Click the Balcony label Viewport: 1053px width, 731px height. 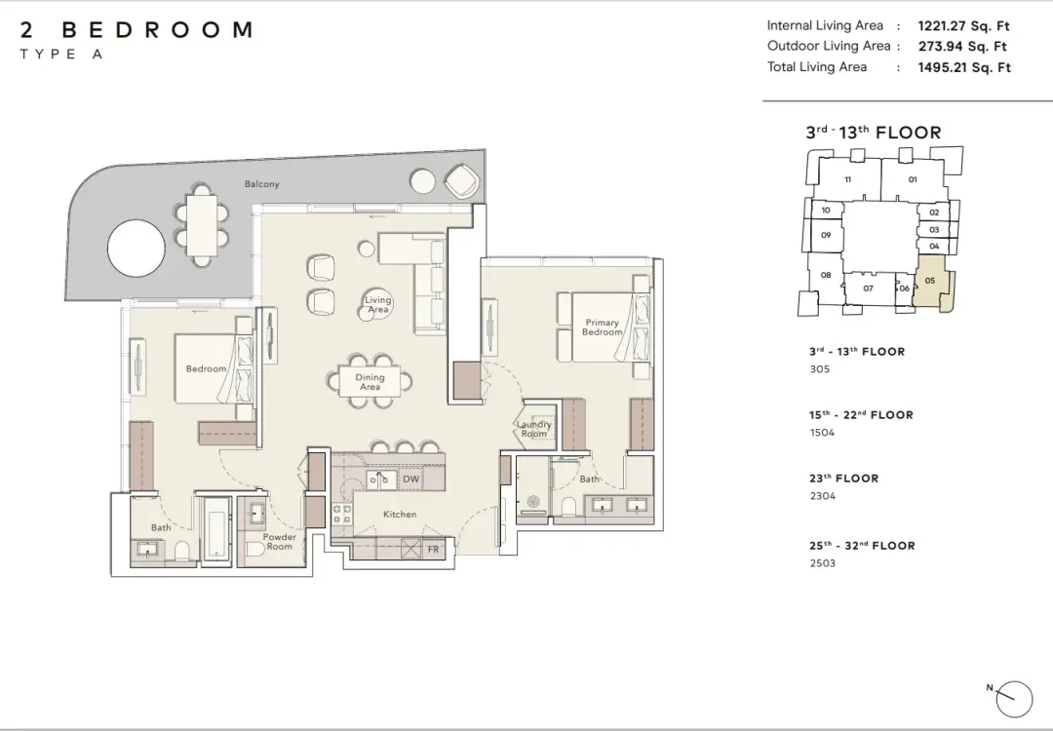[261, 184]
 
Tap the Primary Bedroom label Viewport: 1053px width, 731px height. [602, 327]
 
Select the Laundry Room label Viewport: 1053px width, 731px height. [534, 429]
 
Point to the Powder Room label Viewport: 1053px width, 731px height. [280, 541]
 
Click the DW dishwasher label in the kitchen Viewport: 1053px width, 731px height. [411, 480]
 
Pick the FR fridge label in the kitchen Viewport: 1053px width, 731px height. [433, 549]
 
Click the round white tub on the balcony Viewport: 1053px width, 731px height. [136, 248]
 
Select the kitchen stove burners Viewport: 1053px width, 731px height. [342, 515]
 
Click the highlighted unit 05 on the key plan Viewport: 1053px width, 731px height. [932, 285]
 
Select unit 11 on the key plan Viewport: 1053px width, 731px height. [848, 179]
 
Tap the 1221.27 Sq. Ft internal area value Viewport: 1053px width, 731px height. [963, 26]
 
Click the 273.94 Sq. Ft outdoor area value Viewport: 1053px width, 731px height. [962, 47]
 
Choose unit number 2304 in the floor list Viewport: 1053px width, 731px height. [823, 496]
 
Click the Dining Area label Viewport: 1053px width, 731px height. [370, 382]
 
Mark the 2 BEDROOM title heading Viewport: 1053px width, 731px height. [136, 29]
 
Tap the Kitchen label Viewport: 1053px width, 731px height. [400, 515]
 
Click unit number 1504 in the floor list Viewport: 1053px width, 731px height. [822, 433]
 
